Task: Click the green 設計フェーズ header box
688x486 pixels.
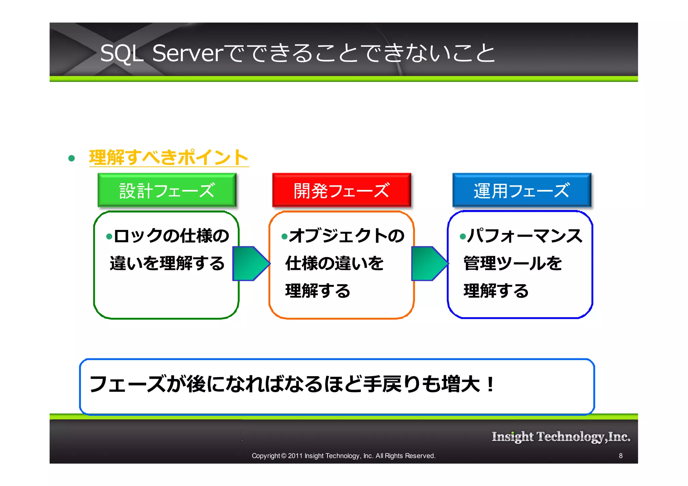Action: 167,190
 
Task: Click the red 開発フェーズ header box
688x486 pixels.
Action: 341,190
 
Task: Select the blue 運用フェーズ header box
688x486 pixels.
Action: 521,190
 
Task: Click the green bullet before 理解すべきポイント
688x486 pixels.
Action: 71,158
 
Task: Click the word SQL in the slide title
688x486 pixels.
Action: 122,54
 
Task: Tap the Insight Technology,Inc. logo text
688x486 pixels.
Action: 561,436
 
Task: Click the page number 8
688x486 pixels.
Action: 620,456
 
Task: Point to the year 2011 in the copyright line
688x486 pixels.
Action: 295,456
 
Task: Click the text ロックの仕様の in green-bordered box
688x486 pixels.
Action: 171,236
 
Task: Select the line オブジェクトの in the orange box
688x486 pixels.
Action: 347,236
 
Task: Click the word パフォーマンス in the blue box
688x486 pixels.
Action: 525,236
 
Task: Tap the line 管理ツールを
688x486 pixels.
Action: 513,263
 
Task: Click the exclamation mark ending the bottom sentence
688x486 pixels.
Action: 490,384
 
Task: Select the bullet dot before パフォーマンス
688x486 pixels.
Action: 463,237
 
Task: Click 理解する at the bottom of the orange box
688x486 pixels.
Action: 318,291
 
